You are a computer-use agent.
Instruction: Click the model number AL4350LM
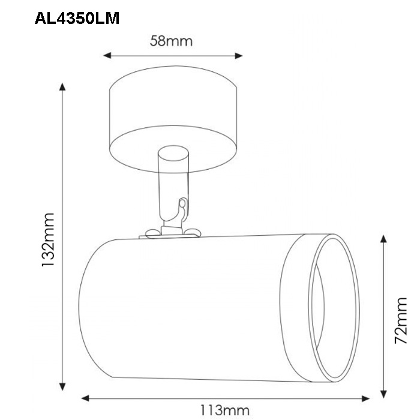point(77,19)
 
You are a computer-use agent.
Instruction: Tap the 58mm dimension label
point(171,41)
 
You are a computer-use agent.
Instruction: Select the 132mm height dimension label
point(48,239)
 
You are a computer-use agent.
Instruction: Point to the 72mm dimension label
point(401,320)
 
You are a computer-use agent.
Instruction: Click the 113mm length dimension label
point(225,410)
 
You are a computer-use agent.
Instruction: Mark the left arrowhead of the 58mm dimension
point(107,55)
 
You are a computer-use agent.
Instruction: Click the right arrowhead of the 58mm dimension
point(239,56)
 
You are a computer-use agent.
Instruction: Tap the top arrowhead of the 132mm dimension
point(62,87)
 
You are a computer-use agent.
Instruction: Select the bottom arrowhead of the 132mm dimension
point(62,386)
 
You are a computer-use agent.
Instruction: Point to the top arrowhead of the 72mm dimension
point(383,239)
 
